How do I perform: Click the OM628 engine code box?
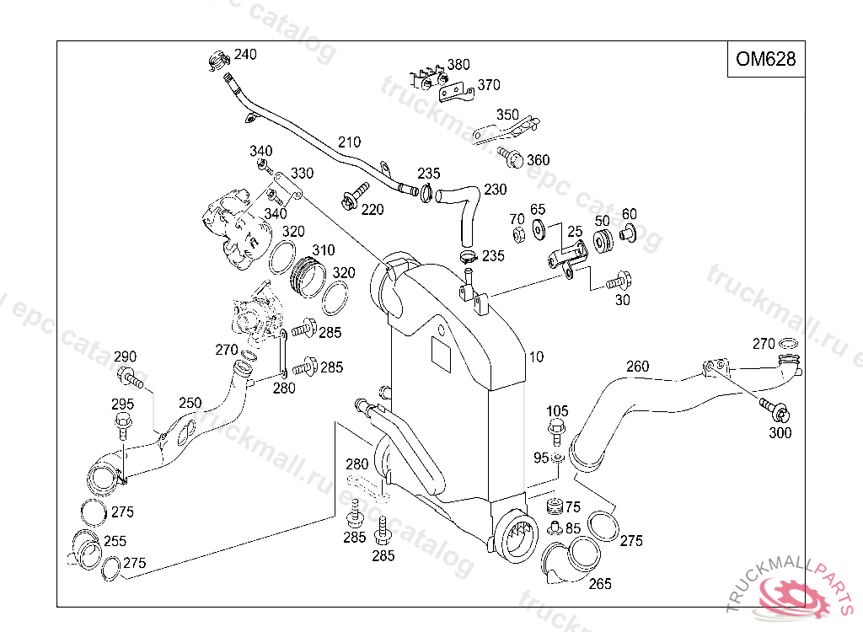pyautogui.click(x=765, y=59)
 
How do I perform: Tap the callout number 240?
pyautogui.click(x=245, y=55)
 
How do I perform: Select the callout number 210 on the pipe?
pyautogui.click(x=349, y=142)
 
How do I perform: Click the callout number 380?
pyautogui.click(x=458, y=65)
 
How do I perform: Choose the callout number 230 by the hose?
pyautogui.click(x=496, y=190)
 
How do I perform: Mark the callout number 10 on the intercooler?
pyautogui.click(x=537, y=357)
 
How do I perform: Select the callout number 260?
pyautogui.click(x=638, y=366)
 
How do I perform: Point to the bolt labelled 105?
pyautogui.click(x=556, y=431)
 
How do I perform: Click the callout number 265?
pyautogui.click(x=600, y=583)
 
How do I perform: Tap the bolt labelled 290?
pyautogui.click(x=129, y=377)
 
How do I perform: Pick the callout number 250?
pyautogui.click(x=190, y=403)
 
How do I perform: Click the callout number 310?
pyautogui.click(x=323, y=250)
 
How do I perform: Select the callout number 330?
pyautogui.click(x=302, y=174)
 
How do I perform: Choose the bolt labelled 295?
pyautogui.click(x=121, y=422)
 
